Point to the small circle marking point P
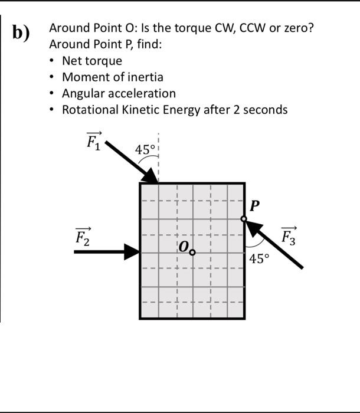point(244,219)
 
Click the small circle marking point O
point(192,253)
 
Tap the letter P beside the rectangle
point(254,206)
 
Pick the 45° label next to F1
point(145,150)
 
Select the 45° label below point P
point(259,258)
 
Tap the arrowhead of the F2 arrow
point(131,252)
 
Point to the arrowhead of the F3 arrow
point(253,228)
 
